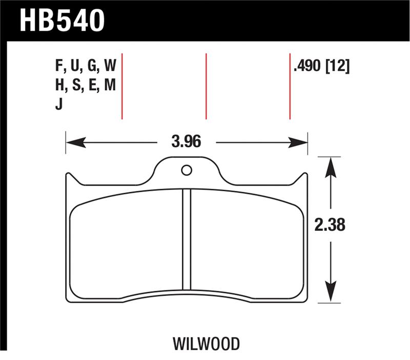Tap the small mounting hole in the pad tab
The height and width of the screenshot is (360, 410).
pos(187,170)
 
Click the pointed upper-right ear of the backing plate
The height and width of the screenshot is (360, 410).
pos(306,175)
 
